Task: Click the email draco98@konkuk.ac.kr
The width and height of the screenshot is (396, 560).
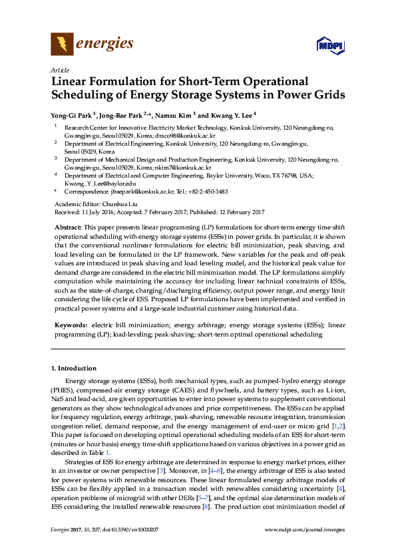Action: point(184,134)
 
